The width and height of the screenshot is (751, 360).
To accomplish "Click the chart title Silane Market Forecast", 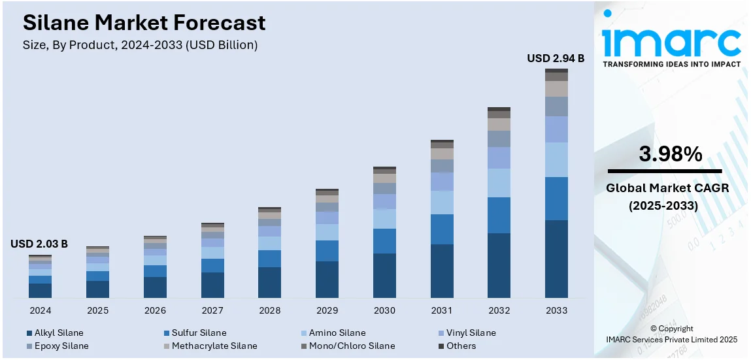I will click(144, 23).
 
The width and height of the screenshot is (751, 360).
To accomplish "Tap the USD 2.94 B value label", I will click(556, 59).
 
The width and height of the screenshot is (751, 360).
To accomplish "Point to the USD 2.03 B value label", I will click(39, 244).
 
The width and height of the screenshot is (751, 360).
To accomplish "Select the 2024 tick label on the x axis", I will click(40, 310).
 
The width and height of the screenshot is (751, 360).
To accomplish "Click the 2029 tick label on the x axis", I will click(327, 310).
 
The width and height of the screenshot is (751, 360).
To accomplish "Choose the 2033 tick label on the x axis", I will click(556, 310).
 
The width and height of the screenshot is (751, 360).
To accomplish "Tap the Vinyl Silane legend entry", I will click(470, 333).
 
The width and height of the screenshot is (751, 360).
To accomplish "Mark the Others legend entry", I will click(461, 346).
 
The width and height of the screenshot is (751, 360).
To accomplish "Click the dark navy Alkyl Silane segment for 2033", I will click(556, 259).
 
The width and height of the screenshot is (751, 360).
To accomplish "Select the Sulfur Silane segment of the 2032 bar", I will click(499, 215).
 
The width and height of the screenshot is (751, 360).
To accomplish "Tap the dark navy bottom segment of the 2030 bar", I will click(384, 276).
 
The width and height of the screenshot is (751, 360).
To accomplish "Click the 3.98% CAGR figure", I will click(671, 155).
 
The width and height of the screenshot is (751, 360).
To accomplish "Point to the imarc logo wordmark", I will click(671, 42).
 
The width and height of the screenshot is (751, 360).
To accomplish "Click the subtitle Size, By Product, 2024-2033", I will click(141, 45).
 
